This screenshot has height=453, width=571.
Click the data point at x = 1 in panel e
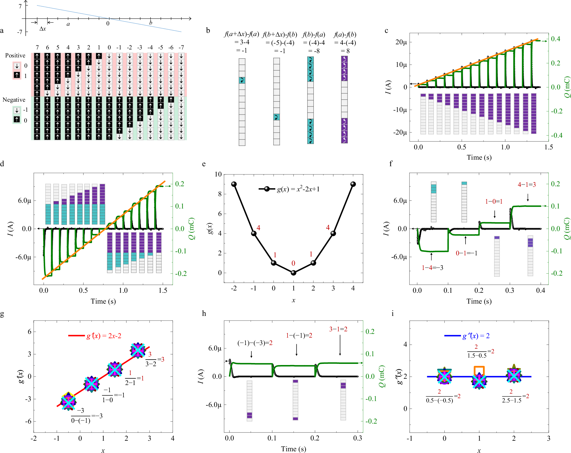pyautogui.click(x=293, y=273)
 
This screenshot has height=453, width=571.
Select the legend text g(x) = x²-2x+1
pyautogui.click(x=298, y=189)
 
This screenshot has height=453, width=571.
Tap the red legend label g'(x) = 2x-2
pyautogui.click(x=104, y=336)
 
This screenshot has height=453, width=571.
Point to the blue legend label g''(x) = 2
pyautogui.click(x=476, y=336)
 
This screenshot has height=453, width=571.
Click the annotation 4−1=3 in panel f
pyautogui.click(x=527, y=185)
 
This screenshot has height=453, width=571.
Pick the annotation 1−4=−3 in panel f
pyautogui.click(x=432, y=268)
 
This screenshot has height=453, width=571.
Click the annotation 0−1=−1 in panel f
pyautogui.click(x=466, y=253)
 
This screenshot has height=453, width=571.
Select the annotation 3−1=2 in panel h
pyautogui.click(x=338, y=329)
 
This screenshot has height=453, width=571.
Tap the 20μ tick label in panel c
pyautogui.click(x=401, y=42)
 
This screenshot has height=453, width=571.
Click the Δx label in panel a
pyautogui.click(x=43, y=29)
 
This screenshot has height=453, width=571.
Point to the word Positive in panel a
pyautogui.click(x=15, y=55)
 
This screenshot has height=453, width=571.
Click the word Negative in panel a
pyautogui.click(x=14, y=100)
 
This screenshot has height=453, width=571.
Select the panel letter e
pyautogui.click(x=204, y=164)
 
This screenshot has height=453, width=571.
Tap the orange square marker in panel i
pyautogui.click(x=479, y=370)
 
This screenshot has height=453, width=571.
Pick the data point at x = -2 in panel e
pyautogui.click(x=234, y=184)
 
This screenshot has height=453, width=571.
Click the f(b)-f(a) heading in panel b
pyautogui.click(x=314, y=35)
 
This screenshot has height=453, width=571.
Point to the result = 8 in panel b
pyautogui.click(x=345, y=51)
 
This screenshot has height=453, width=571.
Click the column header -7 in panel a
pyautogui.click(x=181, y=47)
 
